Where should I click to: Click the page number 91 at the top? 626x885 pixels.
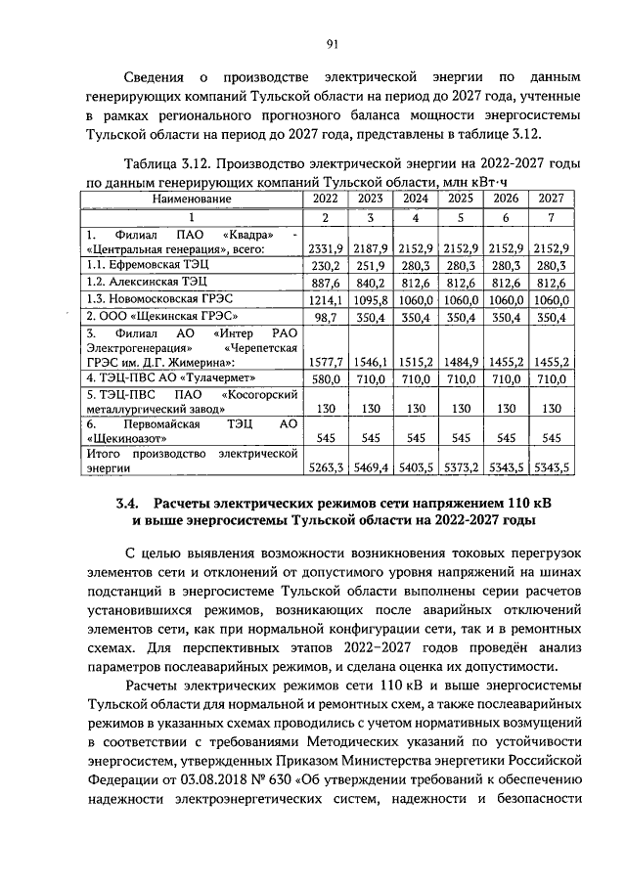point(332,42)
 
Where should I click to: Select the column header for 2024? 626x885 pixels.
point(416,199)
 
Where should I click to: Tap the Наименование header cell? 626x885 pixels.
point(192,199)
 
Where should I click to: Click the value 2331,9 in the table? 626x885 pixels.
point(326,249)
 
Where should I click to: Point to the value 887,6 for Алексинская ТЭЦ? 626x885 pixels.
point(327,281)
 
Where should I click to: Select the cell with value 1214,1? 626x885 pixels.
point(326,298)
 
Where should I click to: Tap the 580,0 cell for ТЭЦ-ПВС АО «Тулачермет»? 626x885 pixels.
point(327,378)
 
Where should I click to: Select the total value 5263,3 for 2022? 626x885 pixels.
point(326,468)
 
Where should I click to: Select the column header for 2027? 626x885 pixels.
point(551,199)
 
